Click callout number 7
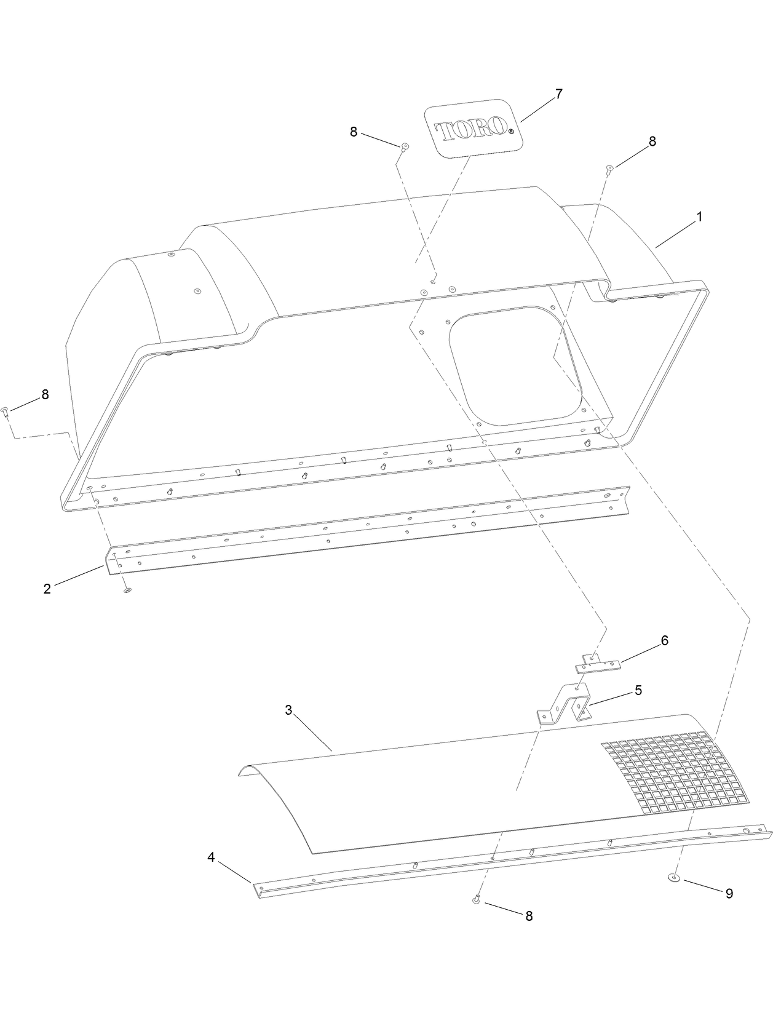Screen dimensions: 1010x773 tap(558, 94)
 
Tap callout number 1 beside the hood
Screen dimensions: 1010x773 tap(699, 217)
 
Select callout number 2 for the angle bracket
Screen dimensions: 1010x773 tap(47, 589)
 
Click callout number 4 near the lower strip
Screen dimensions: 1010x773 tap(211, 857)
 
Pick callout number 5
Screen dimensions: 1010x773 tap(638, 690)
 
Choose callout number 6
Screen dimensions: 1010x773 tap(664, 640)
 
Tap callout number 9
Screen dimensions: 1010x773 tap(729, 894)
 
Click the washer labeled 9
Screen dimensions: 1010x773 tap(675, 878)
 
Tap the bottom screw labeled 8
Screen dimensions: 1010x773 tap(477, 900)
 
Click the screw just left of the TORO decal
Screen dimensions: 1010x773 tap(405, 147)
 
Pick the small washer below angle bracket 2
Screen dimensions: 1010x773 tap(128, 590)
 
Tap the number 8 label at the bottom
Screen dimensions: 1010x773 tap(529, 916)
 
